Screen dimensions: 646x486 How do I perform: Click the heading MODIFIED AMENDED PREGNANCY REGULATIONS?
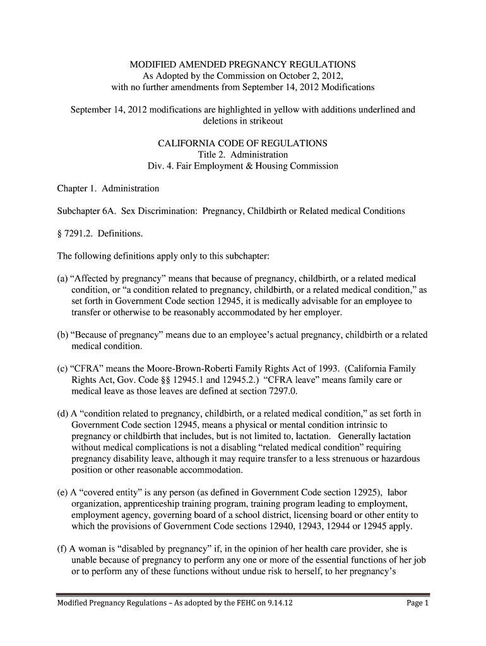(242, 64)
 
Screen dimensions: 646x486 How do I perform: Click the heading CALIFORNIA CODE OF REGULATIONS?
(242, 144)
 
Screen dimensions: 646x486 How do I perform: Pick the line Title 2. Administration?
(242, 155)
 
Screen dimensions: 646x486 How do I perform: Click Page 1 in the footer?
(418, 604)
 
